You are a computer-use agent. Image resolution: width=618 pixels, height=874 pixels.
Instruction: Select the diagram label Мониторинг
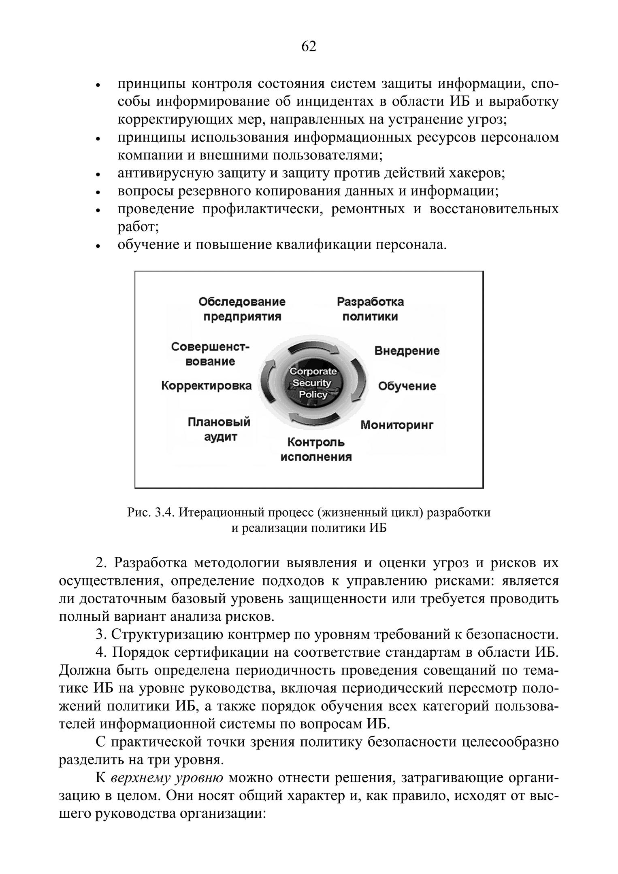(397, 425)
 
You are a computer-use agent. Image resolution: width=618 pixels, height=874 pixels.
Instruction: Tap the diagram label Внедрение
(407, 350)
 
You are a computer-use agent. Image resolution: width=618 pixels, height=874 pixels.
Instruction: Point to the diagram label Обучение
(407, 386)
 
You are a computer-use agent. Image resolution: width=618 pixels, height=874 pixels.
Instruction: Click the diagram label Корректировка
(207, 386)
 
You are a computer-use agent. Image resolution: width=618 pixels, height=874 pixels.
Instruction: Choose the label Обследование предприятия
(242, 309)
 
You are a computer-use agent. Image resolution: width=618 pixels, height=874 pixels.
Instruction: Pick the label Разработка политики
(370, 309)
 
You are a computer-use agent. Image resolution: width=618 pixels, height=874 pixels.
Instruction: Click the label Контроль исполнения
(316, 450)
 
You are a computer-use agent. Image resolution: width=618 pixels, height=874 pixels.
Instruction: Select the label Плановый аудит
(219, 429)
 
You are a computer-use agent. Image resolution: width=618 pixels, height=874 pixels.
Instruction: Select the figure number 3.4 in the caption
(164, 513)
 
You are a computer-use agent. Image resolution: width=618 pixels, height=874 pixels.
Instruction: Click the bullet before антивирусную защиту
(98, 175)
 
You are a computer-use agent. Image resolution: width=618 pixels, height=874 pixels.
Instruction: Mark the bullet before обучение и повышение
(98, 246)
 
